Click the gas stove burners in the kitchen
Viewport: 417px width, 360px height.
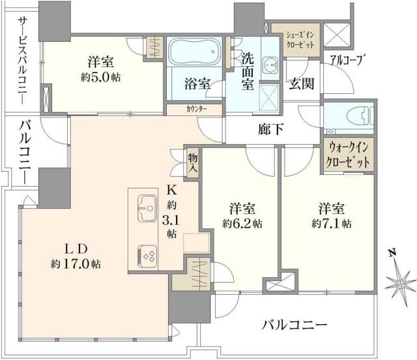[x=146, y=254]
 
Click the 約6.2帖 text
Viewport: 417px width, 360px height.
[x=242, y=224]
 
